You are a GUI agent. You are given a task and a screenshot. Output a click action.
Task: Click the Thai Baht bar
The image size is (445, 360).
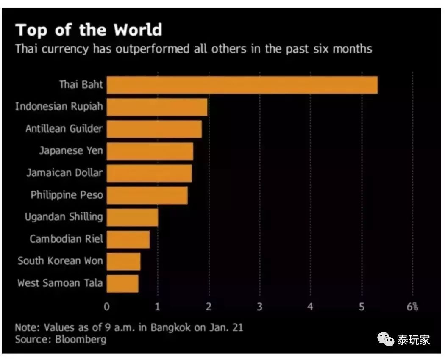coord(242,85)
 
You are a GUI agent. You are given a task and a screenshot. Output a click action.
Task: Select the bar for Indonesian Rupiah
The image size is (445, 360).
coord(157,107)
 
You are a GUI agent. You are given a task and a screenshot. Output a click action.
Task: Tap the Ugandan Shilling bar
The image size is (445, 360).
coord(132,217)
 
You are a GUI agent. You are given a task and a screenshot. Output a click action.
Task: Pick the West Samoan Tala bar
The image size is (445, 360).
coord(122,283)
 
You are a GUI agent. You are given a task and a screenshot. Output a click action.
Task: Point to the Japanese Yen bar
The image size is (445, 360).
coord(150,151)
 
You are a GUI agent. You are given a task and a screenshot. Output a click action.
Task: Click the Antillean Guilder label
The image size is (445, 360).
coord(64,128)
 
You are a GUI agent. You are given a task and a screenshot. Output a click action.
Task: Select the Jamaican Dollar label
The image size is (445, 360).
coord(64,173)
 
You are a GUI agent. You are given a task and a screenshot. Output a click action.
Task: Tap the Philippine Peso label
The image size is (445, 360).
coord(67,195)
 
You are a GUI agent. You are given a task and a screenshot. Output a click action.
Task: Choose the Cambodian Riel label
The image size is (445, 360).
coord(66,239)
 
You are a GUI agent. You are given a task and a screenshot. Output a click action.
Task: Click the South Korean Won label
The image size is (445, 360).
coord(60,261)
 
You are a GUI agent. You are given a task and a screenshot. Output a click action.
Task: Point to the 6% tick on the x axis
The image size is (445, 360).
coord(412,307)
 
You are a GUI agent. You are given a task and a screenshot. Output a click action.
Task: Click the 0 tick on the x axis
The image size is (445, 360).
coord(107,307)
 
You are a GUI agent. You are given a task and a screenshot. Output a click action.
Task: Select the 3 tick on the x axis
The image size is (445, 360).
coord(259,307)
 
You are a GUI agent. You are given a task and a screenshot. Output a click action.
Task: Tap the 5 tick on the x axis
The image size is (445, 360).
coord(362,307)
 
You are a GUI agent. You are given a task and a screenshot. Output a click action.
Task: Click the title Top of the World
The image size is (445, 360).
coord(89,30)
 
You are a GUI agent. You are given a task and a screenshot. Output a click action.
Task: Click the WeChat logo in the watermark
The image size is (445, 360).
coord(386,339)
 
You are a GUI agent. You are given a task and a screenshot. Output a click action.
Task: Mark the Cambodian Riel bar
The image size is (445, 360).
coord(128,239)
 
